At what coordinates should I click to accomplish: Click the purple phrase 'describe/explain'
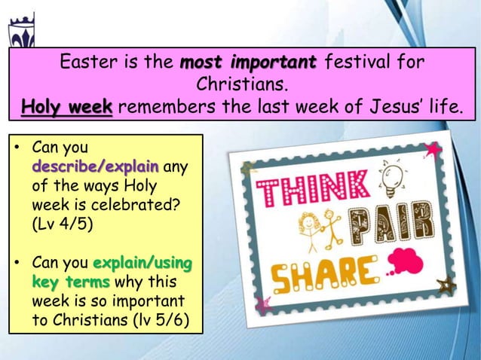click(x=95, y=165)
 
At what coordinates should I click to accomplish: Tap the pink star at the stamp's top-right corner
click(x=434, y=150)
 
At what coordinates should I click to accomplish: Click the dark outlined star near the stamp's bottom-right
click(x=446, y=284)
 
